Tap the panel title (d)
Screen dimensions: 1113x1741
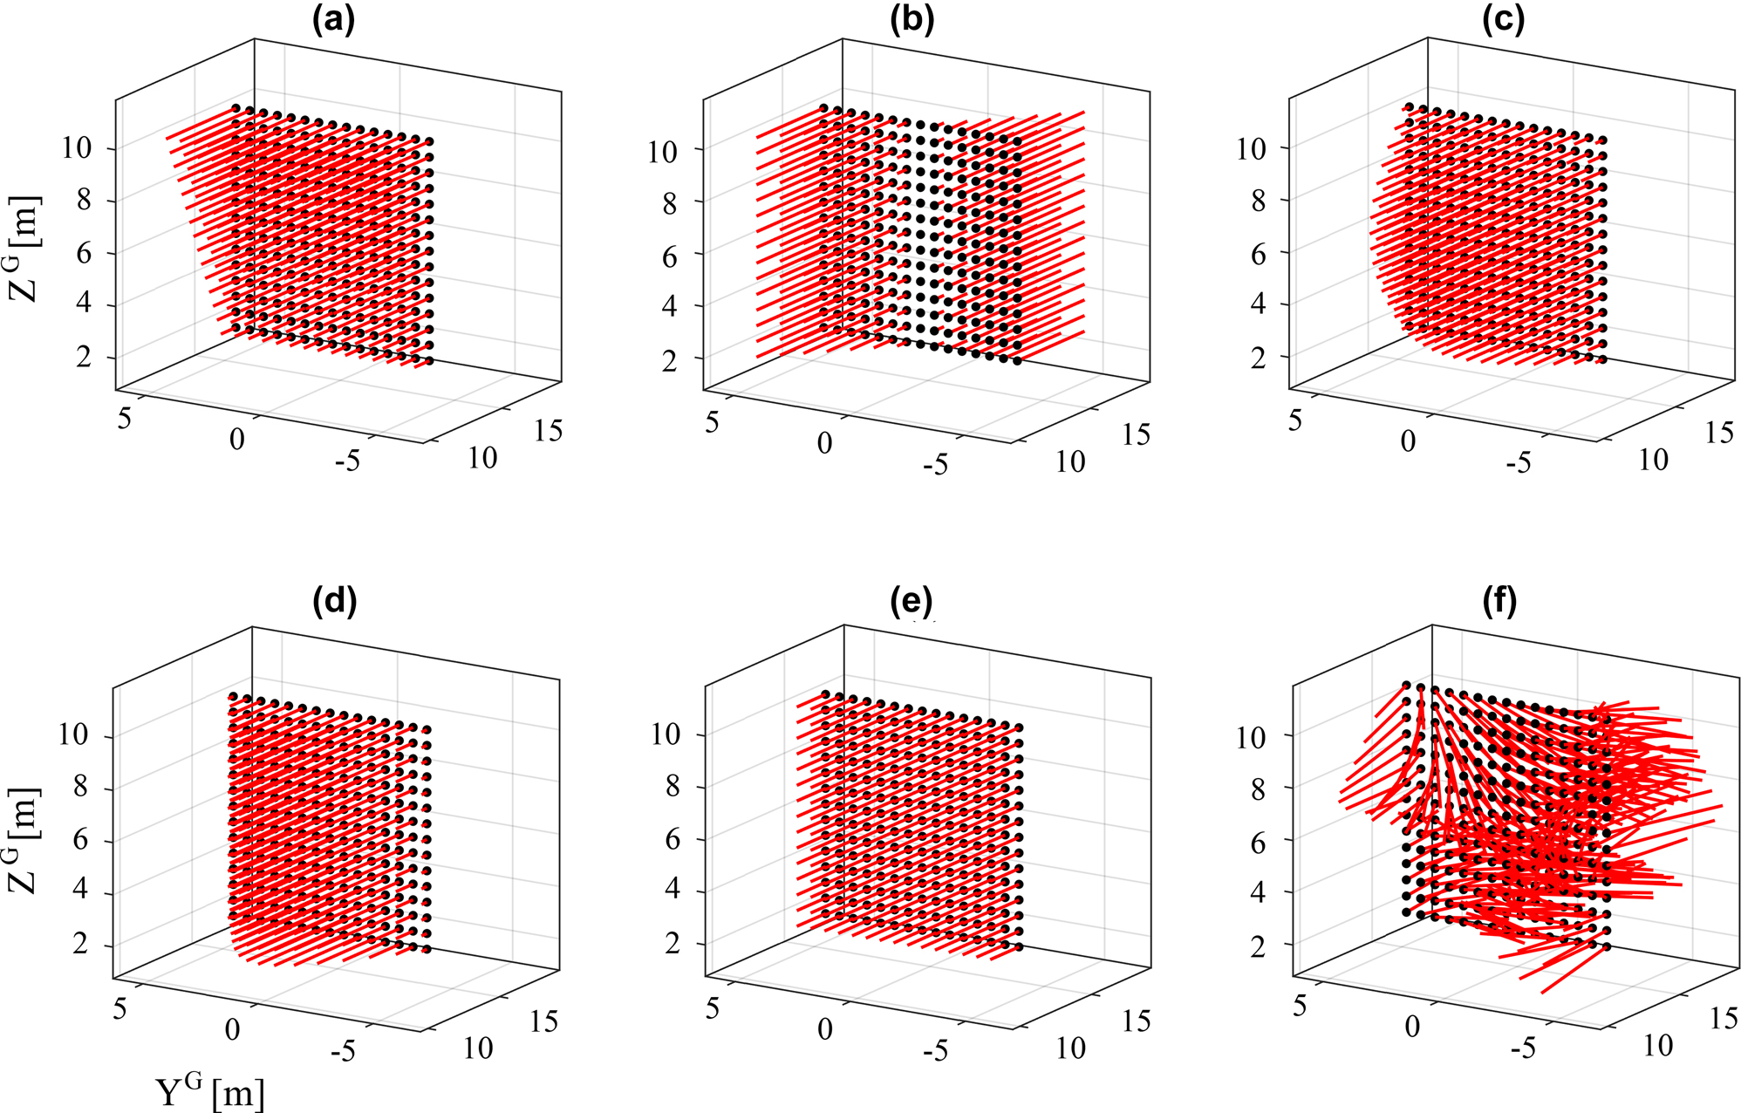pos(334,601)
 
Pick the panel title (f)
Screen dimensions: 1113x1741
pos(1499,601)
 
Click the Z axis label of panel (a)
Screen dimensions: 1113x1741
pos(24,247)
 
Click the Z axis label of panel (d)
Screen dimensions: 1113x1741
pos(24,840)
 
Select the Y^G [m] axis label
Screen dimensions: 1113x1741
pos(209,1092)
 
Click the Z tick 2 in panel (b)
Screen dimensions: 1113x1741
pos(669,360)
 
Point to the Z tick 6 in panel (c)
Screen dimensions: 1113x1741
pos(1257,254)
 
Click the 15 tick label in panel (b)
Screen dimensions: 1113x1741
pos(1136,434)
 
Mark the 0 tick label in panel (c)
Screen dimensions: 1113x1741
pos(1408,441)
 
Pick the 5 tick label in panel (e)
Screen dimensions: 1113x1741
pos(712,1008)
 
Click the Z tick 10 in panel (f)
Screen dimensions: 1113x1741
pos(1250,738)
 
